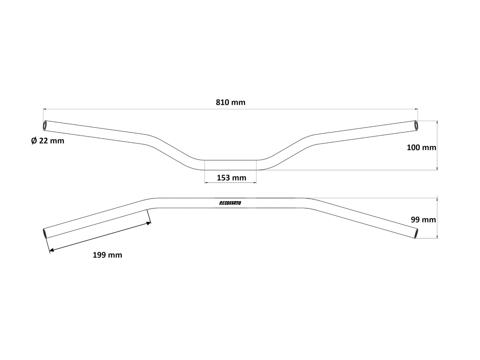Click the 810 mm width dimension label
231,102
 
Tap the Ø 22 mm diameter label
47,140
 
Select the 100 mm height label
421,147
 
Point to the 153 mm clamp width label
231,178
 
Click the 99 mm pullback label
423,220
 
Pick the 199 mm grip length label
107,255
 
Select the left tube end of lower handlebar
45,233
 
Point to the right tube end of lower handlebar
416,234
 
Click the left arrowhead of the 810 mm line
45,109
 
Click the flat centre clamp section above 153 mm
230,165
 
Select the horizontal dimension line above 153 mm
230,183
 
